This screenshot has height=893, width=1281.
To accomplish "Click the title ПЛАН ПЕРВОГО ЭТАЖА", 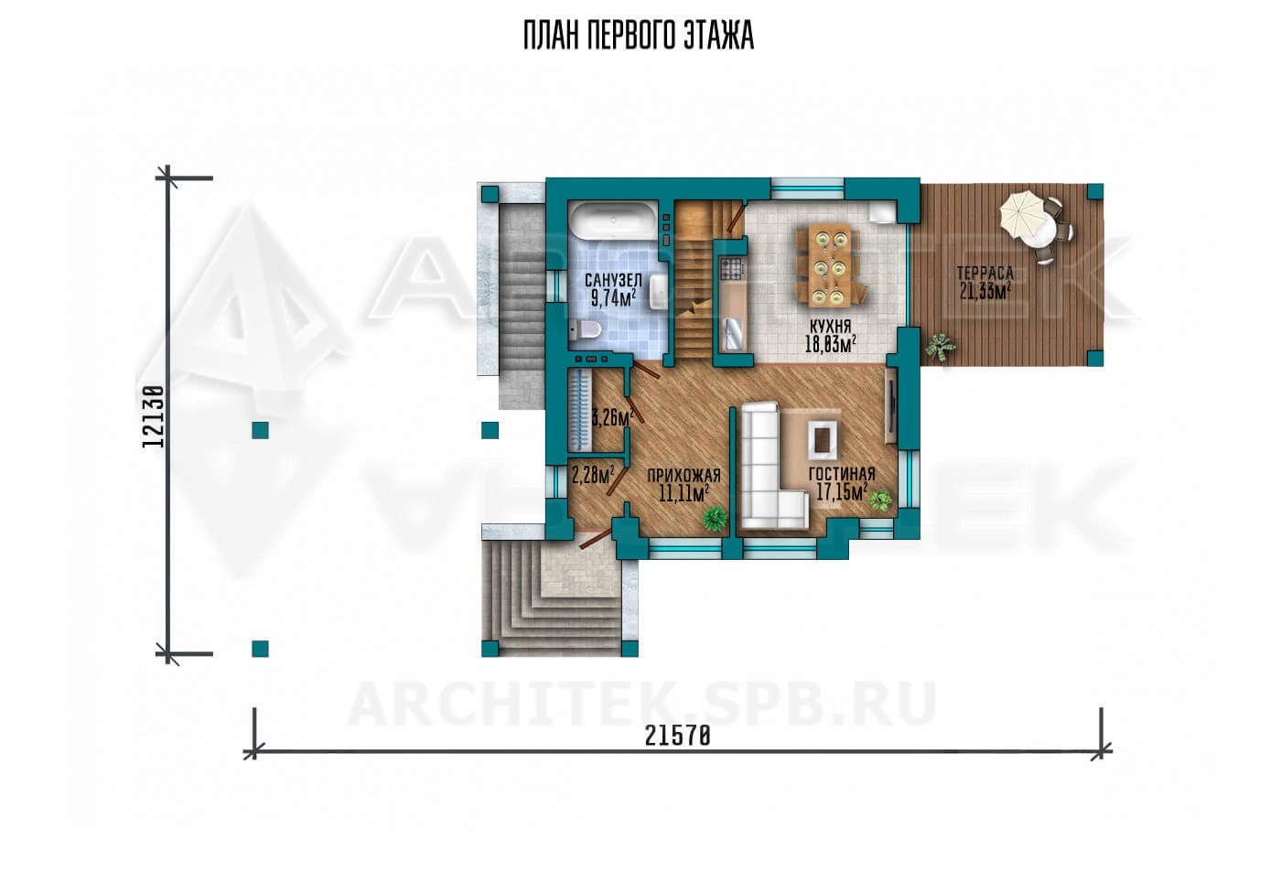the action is click(639, 37).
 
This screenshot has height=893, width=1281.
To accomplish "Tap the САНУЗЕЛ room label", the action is click(613, 281).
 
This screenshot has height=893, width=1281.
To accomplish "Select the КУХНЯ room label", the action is click(830, 327).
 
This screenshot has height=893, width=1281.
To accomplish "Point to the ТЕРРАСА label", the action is click(985, 273).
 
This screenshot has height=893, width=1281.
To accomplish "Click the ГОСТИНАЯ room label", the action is click(842, 474).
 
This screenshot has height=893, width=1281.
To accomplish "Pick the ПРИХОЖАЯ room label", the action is click(684, 476).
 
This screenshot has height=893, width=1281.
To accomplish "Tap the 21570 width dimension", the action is click(678, 736).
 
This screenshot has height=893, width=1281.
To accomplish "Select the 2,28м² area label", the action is click(593, 475).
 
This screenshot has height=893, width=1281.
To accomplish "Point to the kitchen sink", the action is click(733, 330).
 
